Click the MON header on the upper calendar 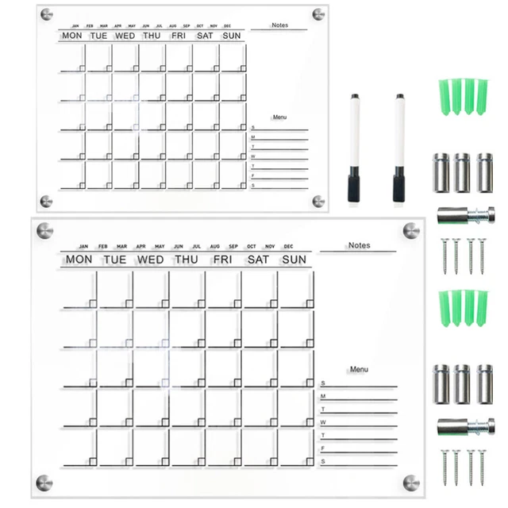(x=71, y=36)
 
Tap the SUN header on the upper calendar (x=232, y=36)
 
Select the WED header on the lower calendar (x=151, y=260)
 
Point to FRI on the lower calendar (x=222, y=260)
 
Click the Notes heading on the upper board (x=279, y=25)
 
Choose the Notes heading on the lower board (x=359, y=245)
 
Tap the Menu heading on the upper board (x=279, y=117)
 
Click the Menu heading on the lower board (x=359, y=369)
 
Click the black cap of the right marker (x=398, y=187)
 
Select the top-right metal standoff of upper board (x=318, y=14)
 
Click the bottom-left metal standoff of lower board (x=44, y=482)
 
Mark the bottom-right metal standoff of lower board (x=410, y=482)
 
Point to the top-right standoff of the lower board (x=410, y=230)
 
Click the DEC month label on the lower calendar (x=288, y=246)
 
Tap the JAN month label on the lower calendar (x=83, y=246)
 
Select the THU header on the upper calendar (x=152, y=36)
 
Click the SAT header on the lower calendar (x=258, y=260)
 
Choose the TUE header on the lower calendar (x=115, y=260)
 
